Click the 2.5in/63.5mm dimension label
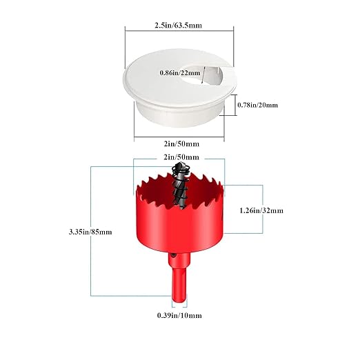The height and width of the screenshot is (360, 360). [x=178, y=25]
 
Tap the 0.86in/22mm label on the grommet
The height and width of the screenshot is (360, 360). [x=180, y=73]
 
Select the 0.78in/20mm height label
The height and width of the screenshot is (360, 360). [x=257, y=105]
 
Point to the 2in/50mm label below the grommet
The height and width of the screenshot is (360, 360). [x=181, y=144]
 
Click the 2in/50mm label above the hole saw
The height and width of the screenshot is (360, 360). [x=181, y=157]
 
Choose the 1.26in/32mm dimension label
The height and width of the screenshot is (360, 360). [x=261, y=210]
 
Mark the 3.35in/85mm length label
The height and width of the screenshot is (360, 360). [x=90, y=232]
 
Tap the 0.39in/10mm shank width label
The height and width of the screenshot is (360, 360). [x=179, y=315]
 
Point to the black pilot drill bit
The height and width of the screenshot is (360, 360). [x=180, y=185]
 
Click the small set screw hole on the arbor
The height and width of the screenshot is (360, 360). [x=174, y=255]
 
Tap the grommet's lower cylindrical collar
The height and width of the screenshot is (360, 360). [x=179, y=115]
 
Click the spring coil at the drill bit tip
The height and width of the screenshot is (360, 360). [x=180, y=170]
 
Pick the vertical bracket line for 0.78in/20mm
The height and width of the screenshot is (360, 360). [x=235, y=105]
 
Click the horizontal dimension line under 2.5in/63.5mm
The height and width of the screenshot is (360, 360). [x=179, y=30]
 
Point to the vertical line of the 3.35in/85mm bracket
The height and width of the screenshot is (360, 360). [x=91, y=231]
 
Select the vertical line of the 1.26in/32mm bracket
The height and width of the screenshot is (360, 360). [x=262, y=209]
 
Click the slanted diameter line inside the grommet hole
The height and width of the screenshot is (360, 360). [x=203, y=75]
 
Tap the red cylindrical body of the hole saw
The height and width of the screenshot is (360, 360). [x=179, y=226]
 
